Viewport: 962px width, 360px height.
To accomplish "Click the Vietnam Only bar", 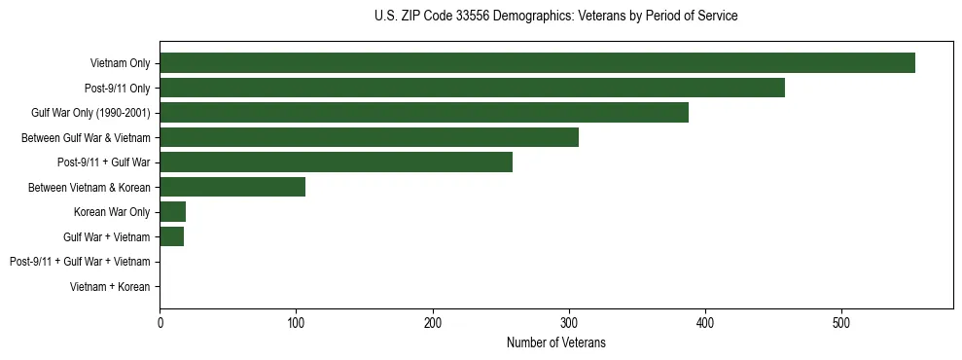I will [537, 63].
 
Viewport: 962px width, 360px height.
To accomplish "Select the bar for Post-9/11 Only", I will [472, 88].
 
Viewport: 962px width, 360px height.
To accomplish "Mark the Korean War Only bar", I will [173, 212].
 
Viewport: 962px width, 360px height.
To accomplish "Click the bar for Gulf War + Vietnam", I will [172, 236].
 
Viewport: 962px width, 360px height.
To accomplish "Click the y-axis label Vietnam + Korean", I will [110, 287].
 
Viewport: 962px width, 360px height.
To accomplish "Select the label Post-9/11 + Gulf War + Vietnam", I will [80, 262].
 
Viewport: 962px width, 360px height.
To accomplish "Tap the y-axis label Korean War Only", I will [112, 212].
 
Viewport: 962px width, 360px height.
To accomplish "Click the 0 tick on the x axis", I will [160, 322].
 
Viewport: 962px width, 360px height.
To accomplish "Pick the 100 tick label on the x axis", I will [297, 322].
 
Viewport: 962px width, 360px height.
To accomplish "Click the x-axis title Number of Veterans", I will [556, 342].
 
